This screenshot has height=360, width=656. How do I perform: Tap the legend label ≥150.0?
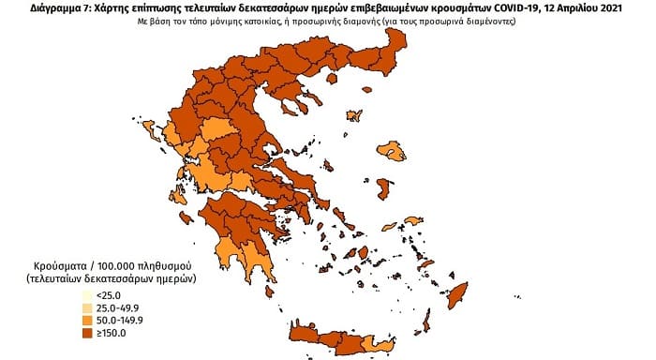point(112,332)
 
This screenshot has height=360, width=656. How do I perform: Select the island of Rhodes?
point(458,300)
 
